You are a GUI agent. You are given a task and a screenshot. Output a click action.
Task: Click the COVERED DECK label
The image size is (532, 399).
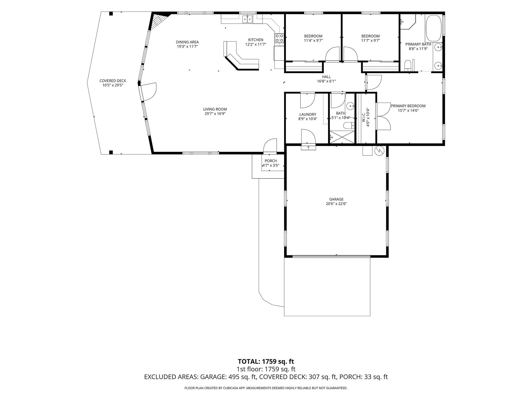click(x=113, y=81)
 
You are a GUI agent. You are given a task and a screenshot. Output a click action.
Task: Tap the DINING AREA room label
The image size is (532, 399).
click(x=187, y=42)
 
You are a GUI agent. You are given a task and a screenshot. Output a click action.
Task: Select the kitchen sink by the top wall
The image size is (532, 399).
click(x=61, y=19)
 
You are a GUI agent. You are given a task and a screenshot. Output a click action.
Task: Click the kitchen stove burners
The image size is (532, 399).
click(x=279, y=38)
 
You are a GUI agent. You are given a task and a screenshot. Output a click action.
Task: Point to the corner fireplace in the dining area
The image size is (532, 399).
click(x=159, y=20)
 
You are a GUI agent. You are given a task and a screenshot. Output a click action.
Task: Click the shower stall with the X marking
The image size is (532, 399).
click(x=342, y=137)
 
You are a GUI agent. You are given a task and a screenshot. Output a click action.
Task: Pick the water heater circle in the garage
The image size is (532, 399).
click(x=380, y=151)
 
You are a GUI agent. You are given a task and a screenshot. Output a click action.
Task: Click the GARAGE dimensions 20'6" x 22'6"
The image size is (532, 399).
click(x=336, y=204)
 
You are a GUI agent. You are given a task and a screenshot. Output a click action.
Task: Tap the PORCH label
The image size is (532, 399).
click(x=271, y=161)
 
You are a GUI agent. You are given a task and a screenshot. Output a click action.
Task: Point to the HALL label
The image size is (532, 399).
click(x=326, y=77)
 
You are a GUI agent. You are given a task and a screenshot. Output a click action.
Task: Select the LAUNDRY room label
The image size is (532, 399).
click(x=308, y=115)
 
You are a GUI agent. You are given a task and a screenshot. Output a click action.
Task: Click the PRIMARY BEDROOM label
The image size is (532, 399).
click(x=408, y=106)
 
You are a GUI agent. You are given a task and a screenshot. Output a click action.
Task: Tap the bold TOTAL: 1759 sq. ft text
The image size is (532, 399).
click(x=266, y=361)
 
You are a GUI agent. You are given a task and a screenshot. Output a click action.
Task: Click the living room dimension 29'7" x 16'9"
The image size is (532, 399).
click(x=215, y=114)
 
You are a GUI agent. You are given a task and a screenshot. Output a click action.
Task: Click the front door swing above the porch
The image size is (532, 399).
click(x=270, y=146)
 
